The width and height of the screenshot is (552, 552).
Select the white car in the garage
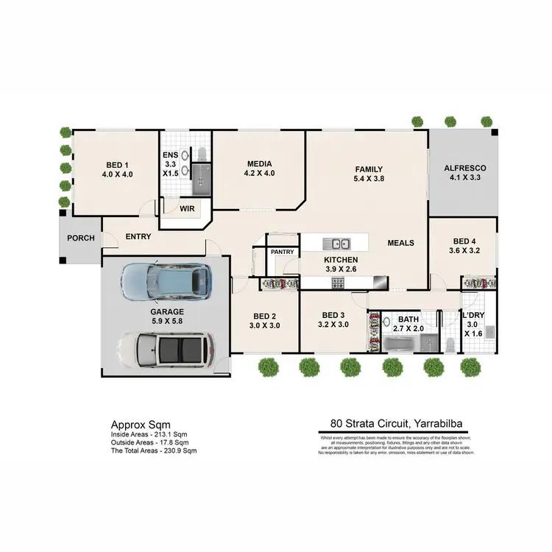coord(166,350)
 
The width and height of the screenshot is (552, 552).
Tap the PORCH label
coord(80,238)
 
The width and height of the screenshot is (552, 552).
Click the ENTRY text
coord(139,236)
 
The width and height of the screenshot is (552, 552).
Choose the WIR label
coord(188,208)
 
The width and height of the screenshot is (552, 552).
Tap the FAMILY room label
coord(369,169)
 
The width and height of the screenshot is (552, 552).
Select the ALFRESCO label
coord(464,169)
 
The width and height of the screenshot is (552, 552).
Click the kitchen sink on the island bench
coord(340,243)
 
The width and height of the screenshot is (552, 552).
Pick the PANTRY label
coord(283,252)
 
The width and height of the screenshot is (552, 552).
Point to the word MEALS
coord(401,243)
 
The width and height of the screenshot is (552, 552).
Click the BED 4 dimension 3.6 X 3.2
coord(464,250)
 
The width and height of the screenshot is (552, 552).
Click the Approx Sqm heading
coord(140,425)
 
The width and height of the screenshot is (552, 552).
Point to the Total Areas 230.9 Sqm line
coord(154,450)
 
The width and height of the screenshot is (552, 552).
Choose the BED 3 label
coord(332,314)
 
